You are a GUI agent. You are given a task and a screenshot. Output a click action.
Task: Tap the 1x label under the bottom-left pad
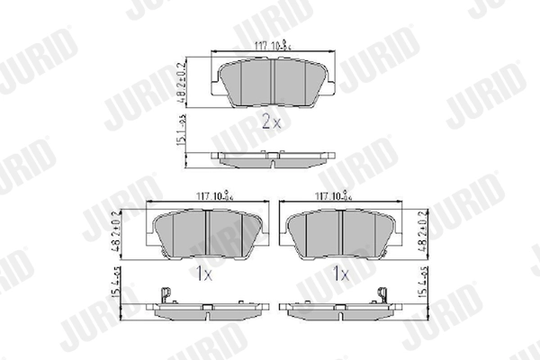click(206, 271)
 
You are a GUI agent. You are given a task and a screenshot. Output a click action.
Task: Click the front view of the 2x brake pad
click(274, 78)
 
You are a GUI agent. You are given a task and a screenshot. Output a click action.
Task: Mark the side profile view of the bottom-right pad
click(340, 310)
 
